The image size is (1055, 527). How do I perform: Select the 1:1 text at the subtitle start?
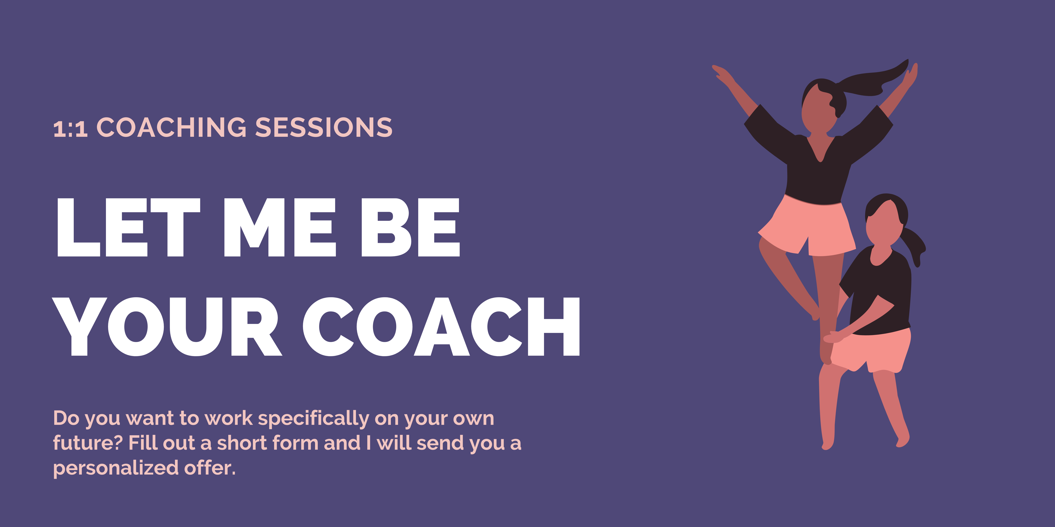pyautogui.click(x=71, y=129)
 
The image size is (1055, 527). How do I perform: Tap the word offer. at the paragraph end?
pyautogui.click(x=210, y=468)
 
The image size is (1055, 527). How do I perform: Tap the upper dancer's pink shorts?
pyautogui.click(x=807, y=227)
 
